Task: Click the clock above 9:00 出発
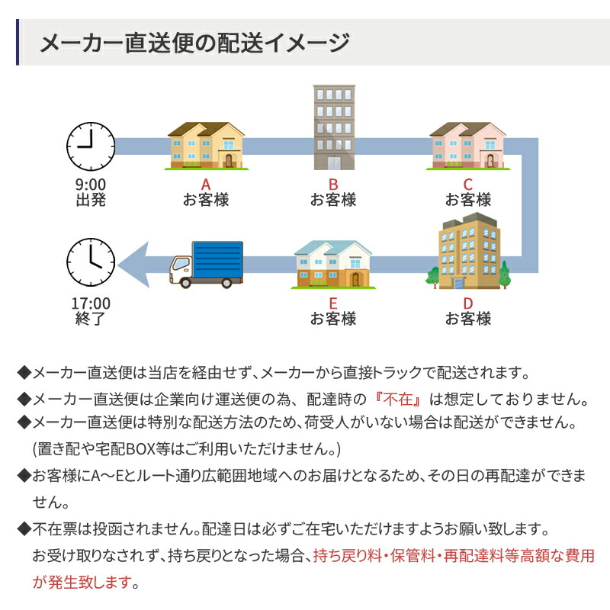(90, 146)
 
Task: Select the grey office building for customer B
(334, 127)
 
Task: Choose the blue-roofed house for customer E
(333, 265)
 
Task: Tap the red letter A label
(205, 184)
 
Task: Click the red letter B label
(333, 184)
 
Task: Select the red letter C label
(467, 184)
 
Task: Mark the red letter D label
(467, 302)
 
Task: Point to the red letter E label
(333, 302)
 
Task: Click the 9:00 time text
(91, 184)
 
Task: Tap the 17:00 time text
(91, 303)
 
